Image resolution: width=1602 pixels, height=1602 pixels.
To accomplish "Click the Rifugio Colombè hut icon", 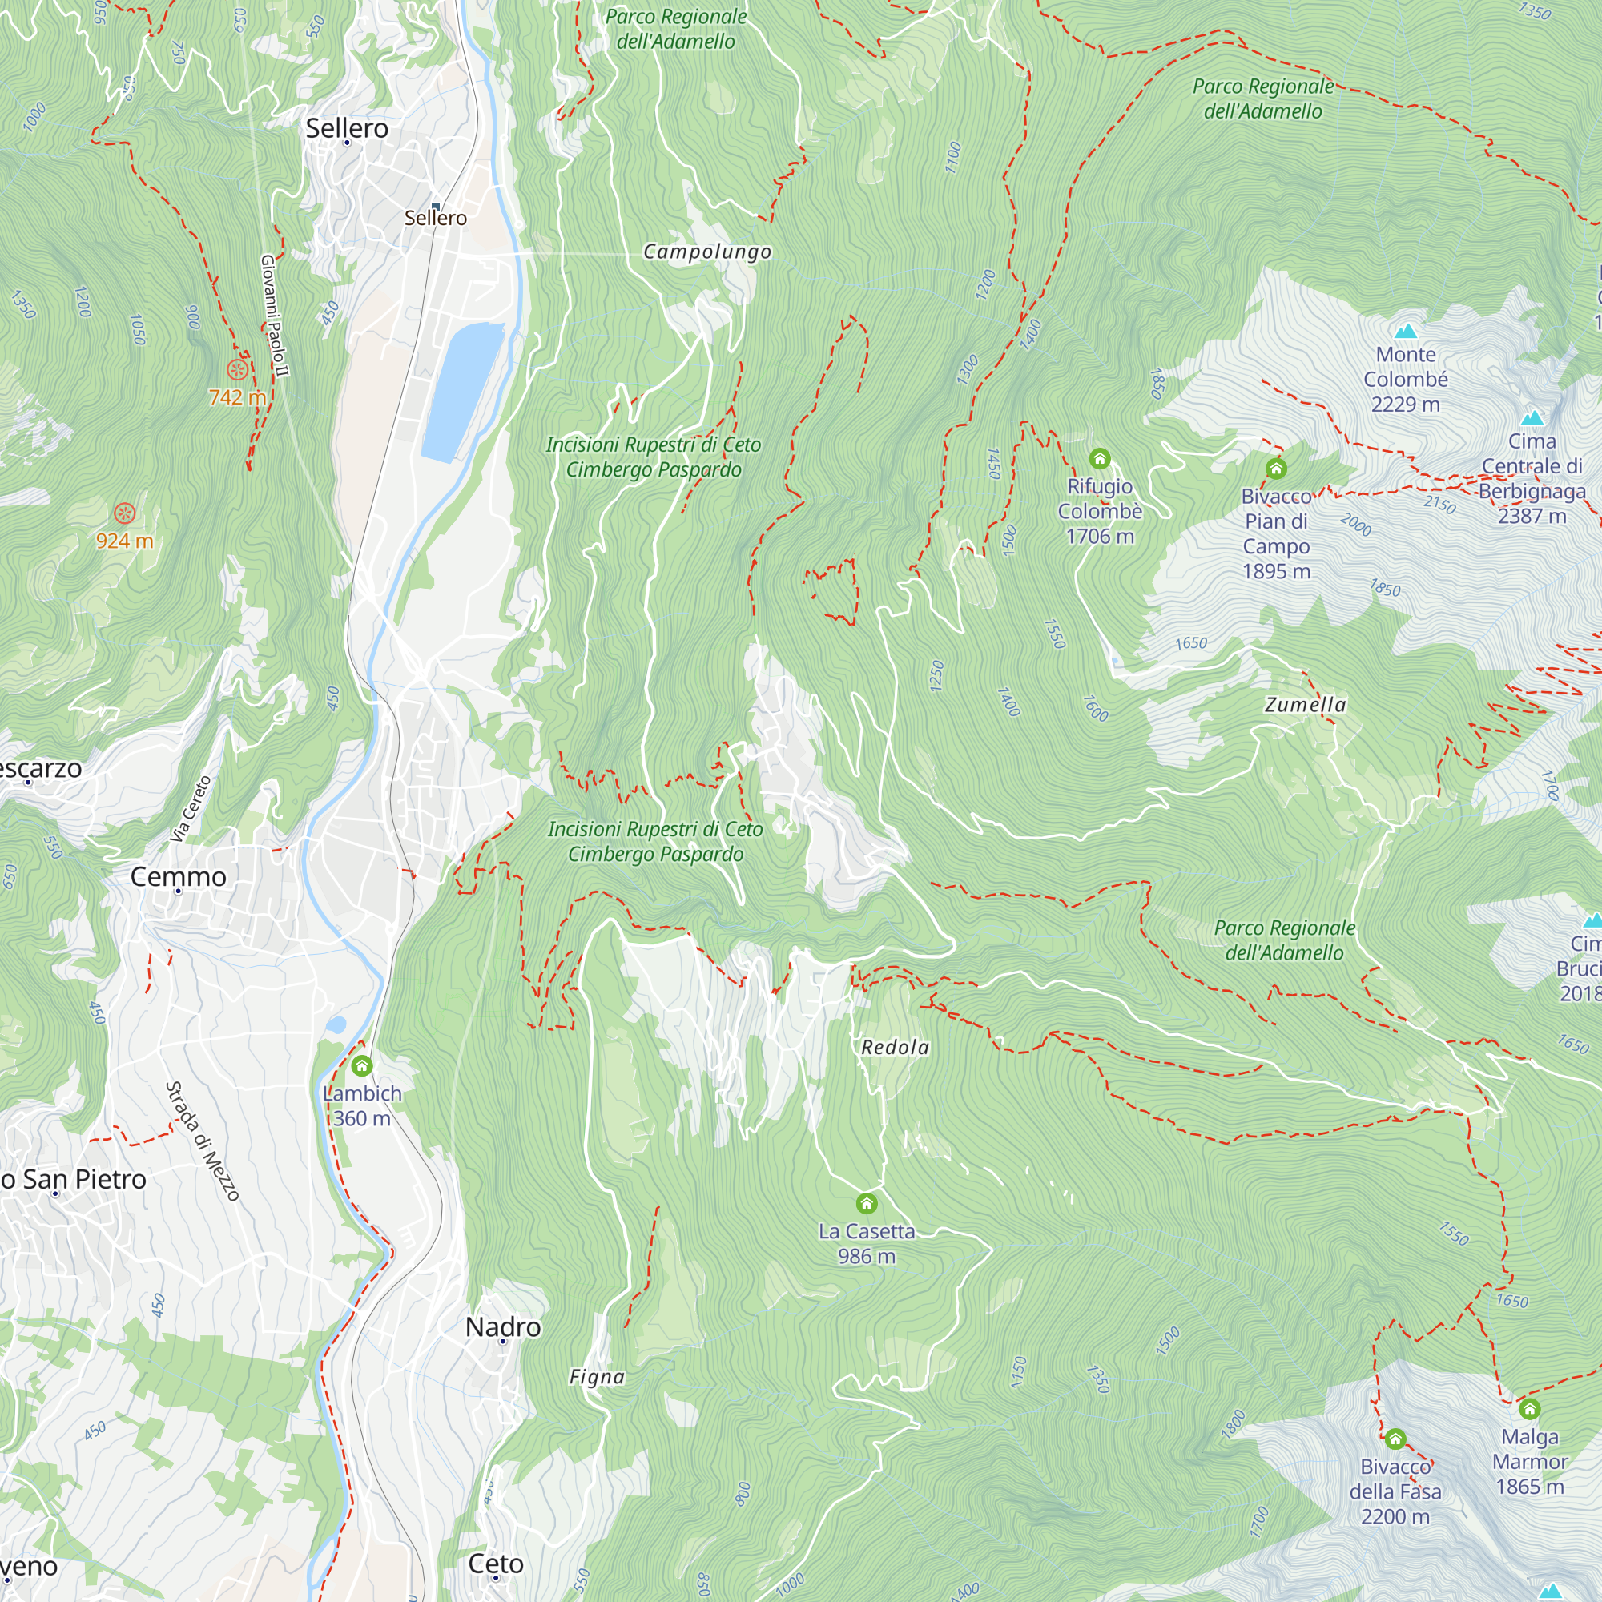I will tap(1100, 458).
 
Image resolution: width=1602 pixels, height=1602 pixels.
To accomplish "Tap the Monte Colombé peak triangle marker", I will tap(1406, 332).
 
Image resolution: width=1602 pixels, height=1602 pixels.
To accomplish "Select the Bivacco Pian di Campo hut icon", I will tap(1276, 469).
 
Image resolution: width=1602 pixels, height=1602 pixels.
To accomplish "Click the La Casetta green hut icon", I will tap(867, 1203).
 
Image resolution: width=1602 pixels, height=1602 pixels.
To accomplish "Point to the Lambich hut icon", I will tap(361, 1065).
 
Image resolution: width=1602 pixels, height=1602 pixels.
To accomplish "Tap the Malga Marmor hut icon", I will tap(1530, 1409).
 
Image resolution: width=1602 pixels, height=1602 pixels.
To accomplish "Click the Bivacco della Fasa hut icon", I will tap(1395, 1439).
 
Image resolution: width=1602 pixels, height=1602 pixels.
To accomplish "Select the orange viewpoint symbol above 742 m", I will tap(237, 369).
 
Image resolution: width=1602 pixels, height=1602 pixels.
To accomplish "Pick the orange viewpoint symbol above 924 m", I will tap(124, 513).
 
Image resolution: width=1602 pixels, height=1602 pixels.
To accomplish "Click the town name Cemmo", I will tap(179, 876).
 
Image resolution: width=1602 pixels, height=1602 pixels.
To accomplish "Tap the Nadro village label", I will tap(502, 1326).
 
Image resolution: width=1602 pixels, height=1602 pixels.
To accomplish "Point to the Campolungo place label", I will tap(707, 252).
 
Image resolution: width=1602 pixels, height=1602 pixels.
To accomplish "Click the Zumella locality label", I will tap(1305, 705).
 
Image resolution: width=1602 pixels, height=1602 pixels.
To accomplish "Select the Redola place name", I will tap(896, 1047).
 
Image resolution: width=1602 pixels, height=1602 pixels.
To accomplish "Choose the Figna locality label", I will tap(597, 1376).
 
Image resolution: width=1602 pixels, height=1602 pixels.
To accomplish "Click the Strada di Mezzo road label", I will tap(203, 1141).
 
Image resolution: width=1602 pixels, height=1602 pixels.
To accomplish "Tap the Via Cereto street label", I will tap(191, 809).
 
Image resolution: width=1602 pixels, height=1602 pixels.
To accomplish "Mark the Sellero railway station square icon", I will tap(435, 207).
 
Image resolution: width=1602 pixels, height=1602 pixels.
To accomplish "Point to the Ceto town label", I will tap(496, 1563).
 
